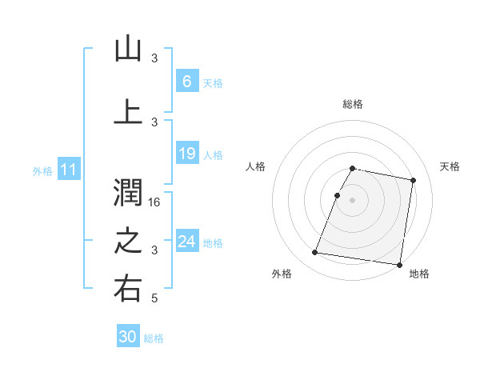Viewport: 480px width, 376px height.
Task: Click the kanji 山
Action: tap(128, 49)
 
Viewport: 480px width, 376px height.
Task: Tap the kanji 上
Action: tap(128, 112)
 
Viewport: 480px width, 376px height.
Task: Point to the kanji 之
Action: tap(128, 241)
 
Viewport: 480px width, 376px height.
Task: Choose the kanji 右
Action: tap(128, 289)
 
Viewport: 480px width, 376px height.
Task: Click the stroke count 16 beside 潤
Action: tap(155, 202)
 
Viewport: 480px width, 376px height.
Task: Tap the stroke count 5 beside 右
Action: tap(155, 298)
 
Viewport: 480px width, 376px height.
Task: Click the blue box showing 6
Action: tap(186, 82)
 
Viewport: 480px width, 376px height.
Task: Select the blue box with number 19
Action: tap(186, 154)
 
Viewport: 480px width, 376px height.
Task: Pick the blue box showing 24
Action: tap(186, 242)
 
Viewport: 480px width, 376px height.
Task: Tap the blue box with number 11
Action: tap(68, 170)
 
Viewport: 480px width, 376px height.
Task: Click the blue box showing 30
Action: tap(128, 338)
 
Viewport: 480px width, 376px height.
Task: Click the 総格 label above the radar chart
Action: tap(353, 104)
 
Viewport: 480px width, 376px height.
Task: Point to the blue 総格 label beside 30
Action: tap(154, 338)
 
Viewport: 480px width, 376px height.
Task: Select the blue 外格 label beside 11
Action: tap(42, 170)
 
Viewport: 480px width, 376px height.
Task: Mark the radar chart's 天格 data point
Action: tap(413, 182)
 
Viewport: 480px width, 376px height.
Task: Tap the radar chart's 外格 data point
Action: tap(315, 253)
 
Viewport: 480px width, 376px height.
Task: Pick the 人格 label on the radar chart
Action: tap(256, 166)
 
